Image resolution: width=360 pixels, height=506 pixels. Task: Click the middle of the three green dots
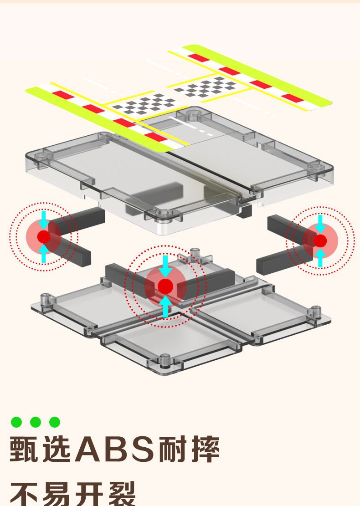(36, 422)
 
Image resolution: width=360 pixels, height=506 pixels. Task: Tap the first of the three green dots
(16, 422)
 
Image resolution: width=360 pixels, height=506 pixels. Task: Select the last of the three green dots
(55, 422)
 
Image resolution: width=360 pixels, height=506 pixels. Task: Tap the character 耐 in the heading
(172, 449)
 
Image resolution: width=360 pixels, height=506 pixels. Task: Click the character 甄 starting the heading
(24, 449)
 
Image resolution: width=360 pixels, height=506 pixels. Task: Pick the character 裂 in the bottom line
(121, 494)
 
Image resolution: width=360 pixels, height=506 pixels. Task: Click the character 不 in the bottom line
(24, 494)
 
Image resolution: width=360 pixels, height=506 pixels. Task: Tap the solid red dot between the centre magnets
(165, 286)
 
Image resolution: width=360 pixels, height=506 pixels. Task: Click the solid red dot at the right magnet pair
(320, 241)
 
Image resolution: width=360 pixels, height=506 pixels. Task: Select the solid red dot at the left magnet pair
(44, 236)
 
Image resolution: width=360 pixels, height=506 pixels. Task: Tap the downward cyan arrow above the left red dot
(44, 220)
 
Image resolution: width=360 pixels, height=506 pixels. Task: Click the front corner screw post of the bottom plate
(165, 361)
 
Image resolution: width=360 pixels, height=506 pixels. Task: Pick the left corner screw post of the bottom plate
(46, 300)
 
